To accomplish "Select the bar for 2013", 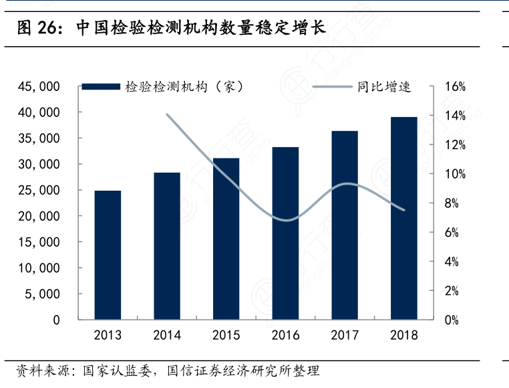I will tap(108, 255).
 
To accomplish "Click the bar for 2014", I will tap(167, 246).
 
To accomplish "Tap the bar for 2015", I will tap(226, 239).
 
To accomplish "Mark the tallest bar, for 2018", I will tap(404, 218).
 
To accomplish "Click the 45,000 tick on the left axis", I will tap(41, 87).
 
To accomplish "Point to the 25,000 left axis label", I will tap(41, 191).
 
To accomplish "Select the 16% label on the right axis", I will tap(448, 87).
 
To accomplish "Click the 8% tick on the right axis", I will tap(451, 203).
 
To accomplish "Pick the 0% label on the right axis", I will tap(451, 320).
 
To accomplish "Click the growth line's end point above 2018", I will tap(404, 210).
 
